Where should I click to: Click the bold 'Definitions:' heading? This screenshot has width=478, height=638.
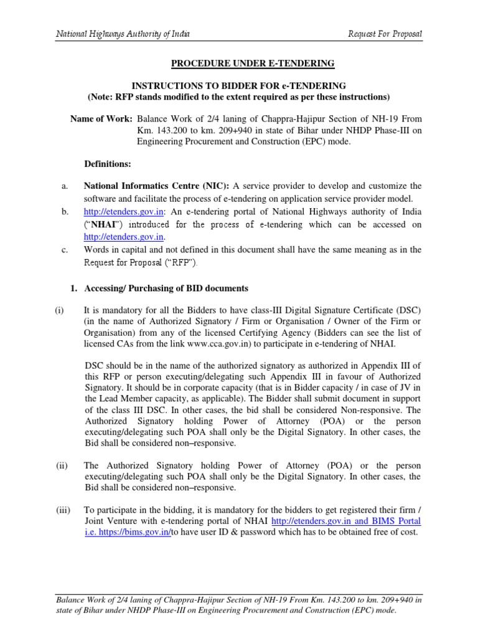(x=108, y=163)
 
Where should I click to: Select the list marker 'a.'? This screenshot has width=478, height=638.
(x=64, y=186)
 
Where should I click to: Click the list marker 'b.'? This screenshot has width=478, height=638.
(x=64, y=213)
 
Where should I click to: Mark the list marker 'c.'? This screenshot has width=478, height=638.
(x=64, y=250)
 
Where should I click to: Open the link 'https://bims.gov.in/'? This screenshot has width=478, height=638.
(x=136, y=533)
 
